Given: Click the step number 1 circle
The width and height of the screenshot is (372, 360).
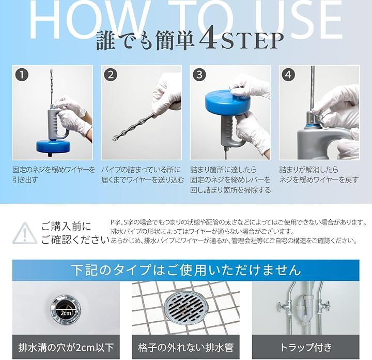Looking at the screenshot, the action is [22, 75].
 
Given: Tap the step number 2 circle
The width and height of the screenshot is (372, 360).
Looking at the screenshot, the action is [111, 75].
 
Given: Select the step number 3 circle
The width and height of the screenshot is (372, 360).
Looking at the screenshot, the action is [199, 75].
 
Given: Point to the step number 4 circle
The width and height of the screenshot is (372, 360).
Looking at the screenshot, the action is [288, 75].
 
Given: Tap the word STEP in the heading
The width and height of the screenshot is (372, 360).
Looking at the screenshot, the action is [253, 41].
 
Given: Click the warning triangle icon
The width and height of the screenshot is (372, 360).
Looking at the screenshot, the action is [25, 233].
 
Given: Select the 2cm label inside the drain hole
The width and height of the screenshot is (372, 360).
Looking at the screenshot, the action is [66, 313].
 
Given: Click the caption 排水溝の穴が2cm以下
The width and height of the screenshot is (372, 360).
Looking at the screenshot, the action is [66, 348].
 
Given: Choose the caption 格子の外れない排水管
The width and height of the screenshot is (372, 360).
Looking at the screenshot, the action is [186, 348].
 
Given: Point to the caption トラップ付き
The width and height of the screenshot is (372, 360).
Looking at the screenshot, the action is [306, 348].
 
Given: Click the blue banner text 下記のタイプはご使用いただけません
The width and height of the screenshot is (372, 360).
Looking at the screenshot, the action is [186, 270].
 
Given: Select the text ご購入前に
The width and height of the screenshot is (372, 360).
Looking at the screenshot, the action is [66, 227].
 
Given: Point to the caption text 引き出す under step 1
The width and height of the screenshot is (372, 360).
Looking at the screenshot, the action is [25, 180].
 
